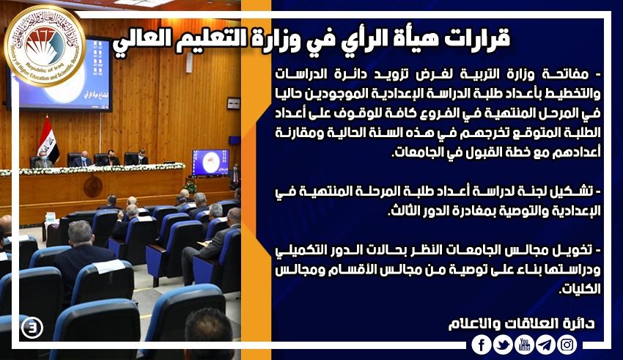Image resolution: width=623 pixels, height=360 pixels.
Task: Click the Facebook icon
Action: click(x=481, y=345)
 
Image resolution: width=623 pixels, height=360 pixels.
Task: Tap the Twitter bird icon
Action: click(x=503, y=345)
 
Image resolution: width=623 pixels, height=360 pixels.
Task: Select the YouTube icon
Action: click(x=525, y=345)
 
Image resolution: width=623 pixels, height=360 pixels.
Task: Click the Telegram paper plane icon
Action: click(x=545, y=345)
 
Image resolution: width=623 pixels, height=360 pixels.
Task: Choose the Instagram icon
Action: click(x=567, y=345)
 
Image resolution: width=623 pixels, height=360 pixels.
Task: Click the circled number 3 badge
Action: click(x=32, y=328)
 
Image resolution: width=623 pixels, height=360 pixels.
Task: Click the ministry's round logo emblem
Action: click(x=45, y=45)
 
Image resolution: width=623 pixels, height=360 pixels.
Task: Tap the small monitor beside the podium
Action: click(x=210, y=162)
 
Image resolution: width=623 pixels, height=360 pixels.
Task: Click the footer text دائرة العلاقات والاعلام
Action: click(x=521, y=323)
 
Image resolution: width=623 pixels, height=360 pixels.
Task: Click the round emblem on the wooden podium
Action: click(x=92, y=187)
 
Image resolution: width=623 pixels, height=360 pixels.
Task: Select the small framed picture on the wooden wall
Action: click(x=234, y=103)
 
